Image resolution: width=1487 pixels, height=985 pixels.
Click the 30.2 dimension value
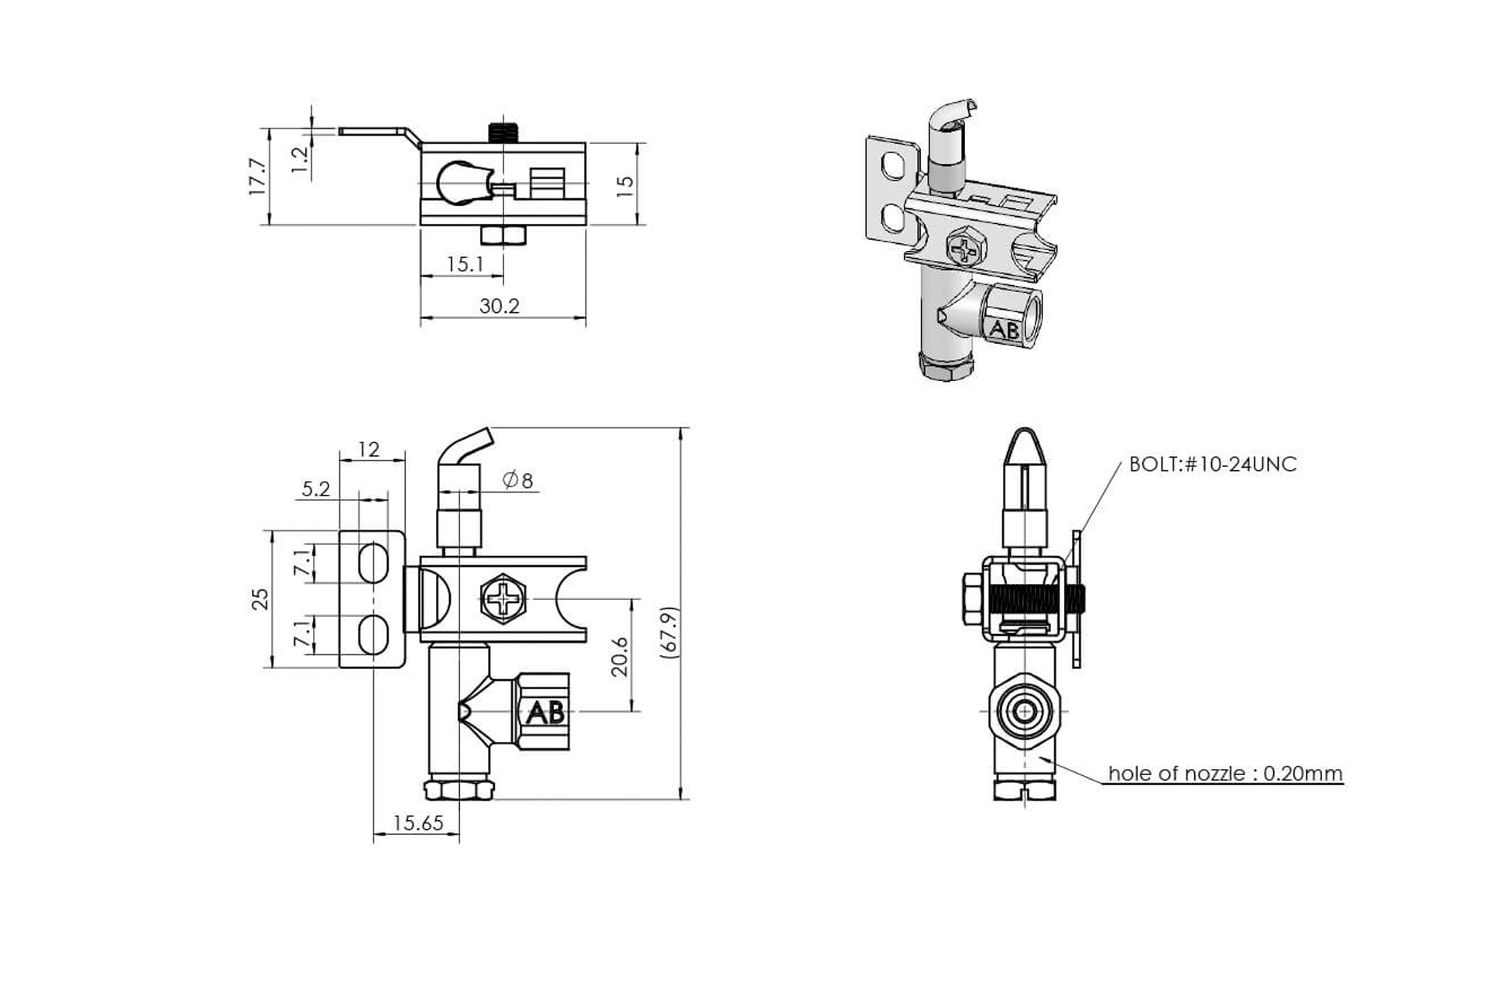tap(499, 306)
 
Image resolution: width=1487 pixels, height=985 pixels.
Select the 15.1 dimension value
tap(465, 265)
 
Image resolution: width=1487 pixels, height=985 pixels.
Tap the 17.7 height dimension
tap(257, 176)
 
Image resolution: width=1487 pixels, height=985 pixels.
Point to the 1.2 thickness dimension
tap(300, 160)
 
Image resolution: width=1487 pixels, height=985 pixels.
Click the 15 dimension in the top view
tap(625, 184)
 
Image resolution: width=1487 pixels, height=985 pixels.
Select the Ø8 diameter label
tap(518, 480)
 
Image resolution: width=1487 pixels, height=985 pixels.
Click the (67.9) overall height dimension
tap(671, 632)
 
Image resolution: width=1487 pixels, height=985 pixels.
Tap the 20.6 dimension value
tap(620, 657)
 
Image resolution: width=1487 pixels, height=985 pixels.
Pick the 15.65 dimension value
tap(418, 823)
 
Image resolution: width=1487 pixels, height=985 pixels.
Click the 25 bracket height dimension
tap(260, 599)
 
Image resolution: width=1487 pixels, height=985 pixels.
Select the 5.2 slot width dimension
tap(316, 489)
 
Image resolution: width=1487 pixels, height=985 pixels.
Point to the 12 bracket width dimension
tap(369, 449)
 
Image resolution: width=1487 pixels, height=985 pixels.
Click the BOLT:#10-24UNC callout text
tap(1212, 465)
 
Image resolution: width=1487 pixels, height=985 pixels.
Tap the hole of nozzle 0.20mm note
tap(1224, 774)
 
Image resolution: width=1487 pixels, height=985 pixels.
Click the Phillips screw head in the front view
tap(503, 599)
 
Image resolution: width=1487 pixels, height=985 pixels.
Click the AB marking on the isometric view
tap(1004, 330)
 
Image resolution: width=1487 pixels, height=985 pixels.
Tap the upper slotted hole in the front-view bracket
tap(373, 562)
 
